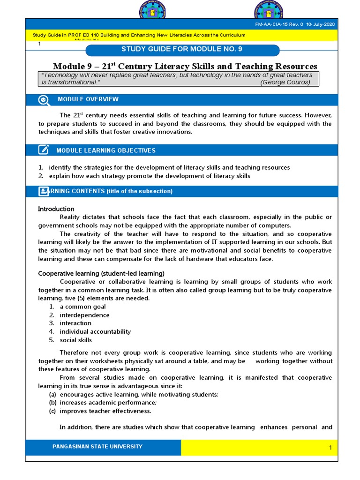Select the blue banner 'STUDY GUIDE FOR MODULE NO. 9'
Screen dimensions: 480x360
click(182, 49)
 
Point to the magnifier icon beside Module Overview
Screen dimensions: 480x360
click(43, 99)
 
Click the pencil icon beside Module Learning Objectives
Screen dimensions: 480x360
click(43, 150)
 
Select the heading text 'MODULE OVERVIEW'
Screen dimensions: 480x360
click(88, 99)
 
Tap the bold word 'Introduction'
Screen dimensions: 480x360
click(56, 209)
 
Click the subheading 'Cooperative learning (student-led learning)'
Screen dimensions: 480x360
click(101, 273)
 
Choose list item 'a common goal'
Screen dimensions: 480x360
click(82, 307)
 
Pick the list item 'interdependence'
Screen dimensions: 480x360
click(84, 315)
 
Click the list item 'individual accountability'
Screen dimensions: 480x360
click(95, 331)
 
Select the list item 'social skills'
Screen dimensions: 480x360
click(75, 340)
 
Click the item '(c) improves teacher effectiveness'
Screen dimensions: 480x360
click(105, 411)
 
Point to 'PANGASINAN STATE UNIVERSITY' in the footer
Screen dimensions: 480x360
click(97, 447)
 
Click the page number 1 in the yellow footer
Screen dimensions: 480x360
click(330, 448)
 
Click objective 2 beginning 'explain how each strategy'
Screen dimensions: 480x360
click(149, 176)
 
